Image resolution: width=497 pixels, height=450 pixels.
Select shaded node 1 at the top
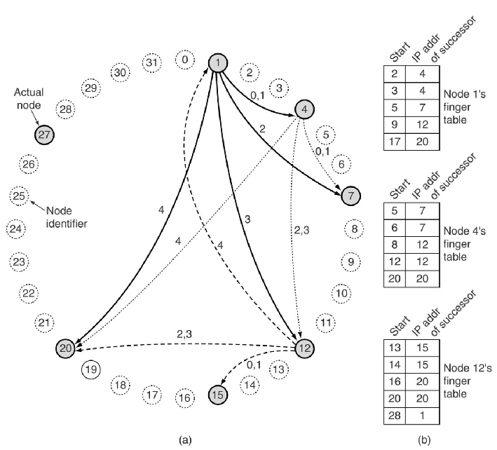coord(218,64)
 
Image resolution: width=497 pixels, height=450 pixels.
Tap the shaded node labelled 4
coord(304,109)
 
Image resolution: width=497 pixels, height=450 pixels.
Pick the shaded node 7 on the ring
coord(350,196)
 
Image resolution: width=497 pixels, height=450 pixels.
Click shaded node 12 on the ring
coord(304,348)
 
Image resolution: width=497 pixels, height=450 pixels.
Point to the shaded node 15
coord(219,395)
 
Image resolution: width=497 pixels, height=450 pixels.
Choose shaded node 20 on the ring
coord(67,348)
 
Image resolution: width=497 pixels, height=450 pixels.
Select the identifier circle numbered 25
coord(19,196)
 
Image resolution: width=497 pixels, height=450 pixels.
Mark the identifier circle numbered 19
coord(90,369)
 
